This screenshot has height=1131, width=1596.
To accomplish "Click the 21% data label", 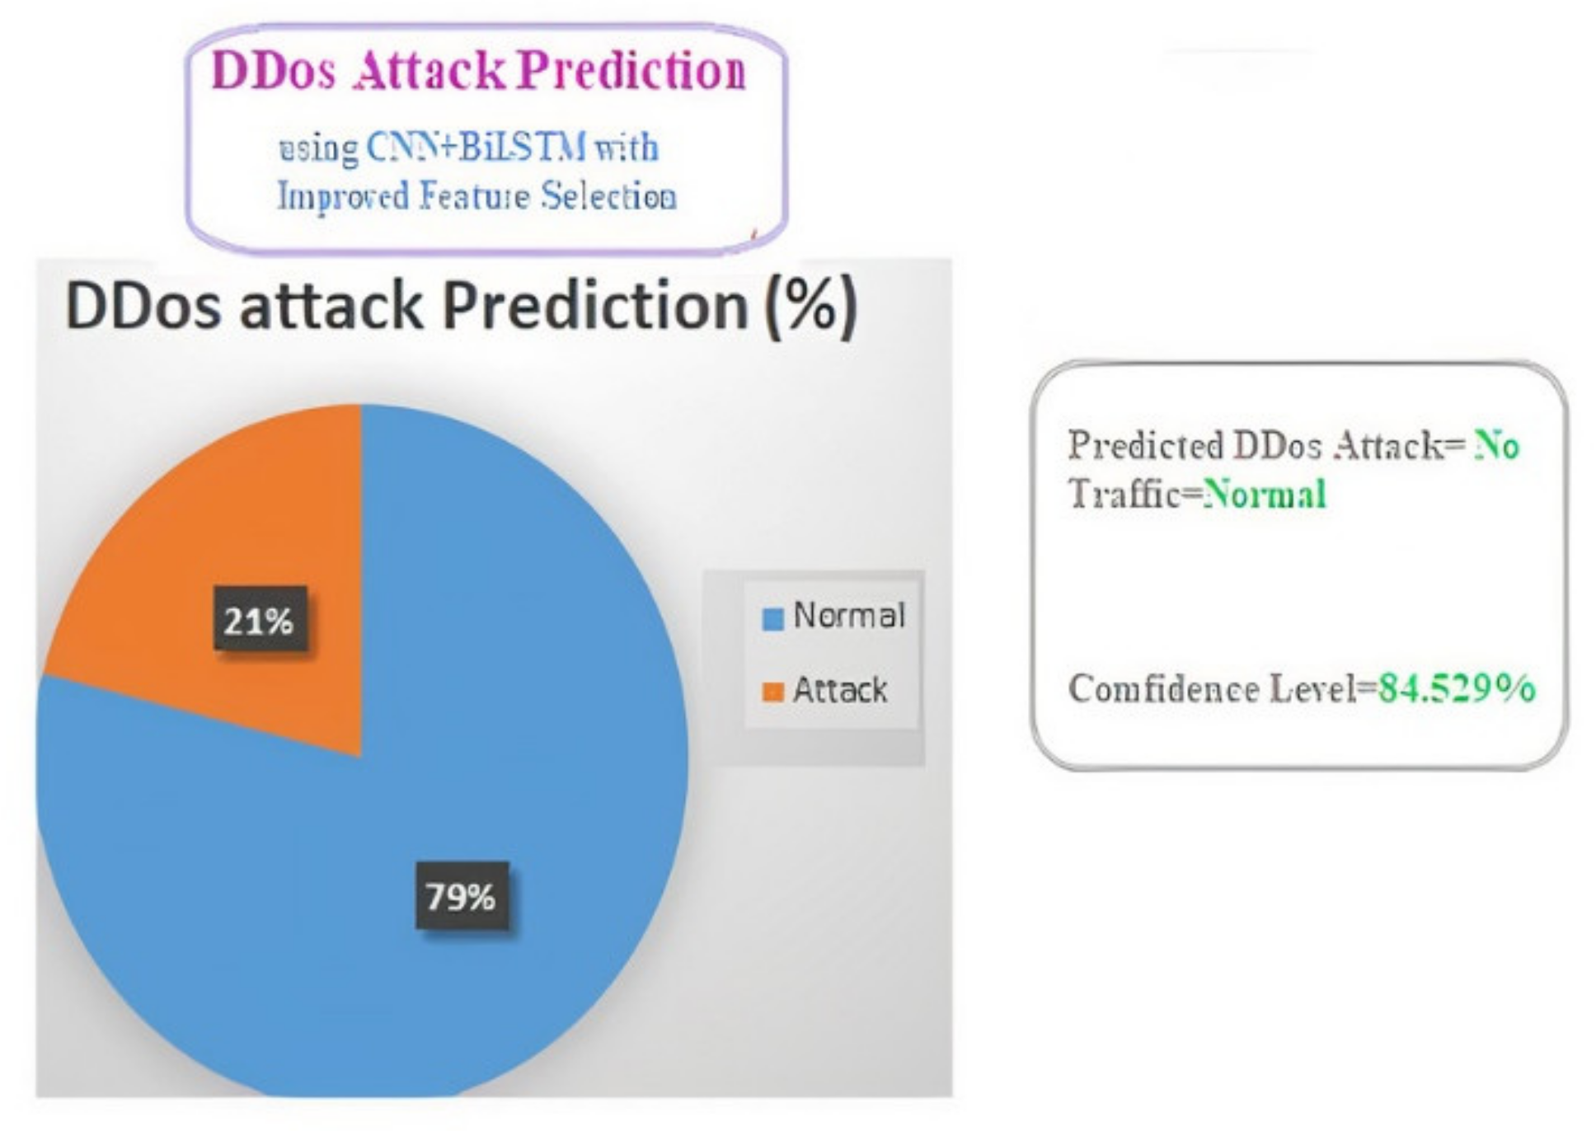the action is tap(261, 619).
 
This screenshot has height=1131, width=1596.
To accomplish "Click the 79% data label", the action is tap(462, 896).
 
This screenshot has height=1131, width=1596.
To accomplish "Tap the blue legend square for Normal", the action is tap(773, 618).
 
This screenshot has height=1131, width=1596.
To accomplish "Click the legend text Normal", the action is tap(848, 615).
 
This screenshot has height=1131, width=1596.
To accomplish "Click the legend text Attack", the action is tap(840, 689).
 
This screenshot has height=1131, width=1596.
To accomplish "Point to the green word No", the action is tap(1496, 446).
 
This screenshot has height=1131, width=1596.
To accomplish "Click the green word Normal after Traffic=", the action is tap(1265, 495).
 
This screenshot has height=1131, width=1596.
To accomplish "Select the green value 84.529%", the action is tap(1458, 688).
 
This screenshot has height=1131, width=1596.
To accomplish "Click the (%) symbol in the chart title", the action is tap(812, 307).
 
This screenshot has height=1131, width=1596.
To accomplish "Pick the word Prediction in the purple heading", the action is tap(633, 70).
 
